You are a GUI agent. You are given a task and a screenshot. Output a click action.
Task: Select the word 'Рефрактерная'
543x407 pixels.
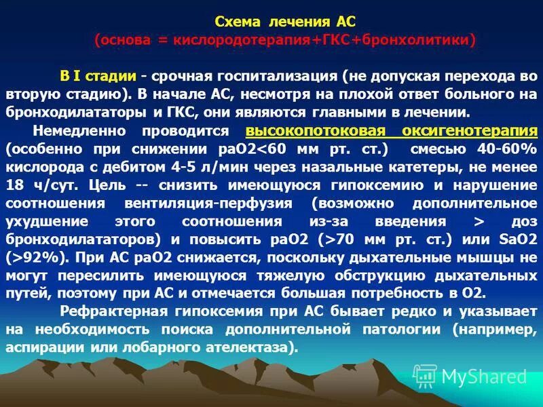click(102, 311)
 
